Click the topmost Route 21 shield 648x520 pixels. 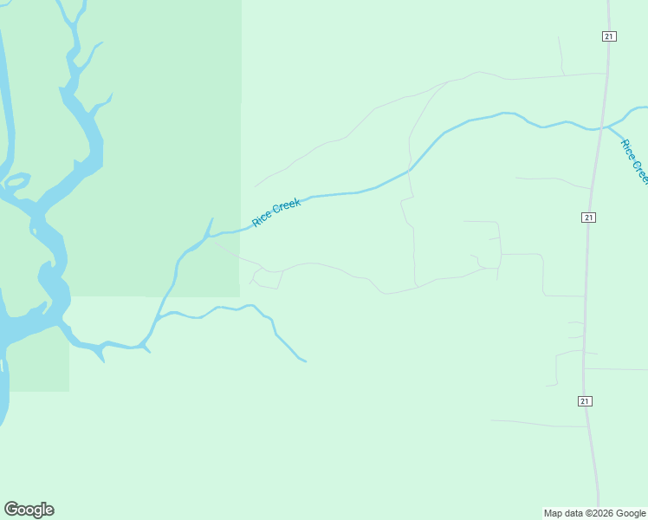[609, 36]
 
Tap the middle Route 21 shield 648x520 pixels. [588, 217]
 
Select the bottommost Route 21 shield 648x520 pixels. [585, 400]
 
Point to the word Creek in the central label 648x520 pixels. [287, 206]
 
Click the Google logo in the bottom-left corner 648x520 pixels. [29, 510]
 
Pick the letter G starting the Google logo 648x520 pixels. [11, 510]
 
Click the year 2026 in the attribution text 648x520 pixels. [601, 513]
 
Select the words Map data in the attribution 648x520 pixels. [563, 513]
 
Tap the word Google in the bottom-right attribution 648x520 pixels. [631, 513]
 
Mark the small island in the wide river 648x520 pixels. [16, 180]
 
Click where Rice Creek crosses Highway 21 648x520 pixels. [598, 129]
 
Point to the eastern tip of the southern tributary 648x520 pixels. [305, 361]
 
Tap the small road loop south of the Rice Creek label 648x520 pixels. [266, 278]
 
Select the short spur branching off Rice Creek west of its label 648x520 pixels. [210, 224]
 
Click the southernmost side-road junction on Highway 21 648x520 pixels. [588, 426]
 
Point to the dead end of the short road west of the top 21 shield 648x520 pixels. [559, 37]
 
